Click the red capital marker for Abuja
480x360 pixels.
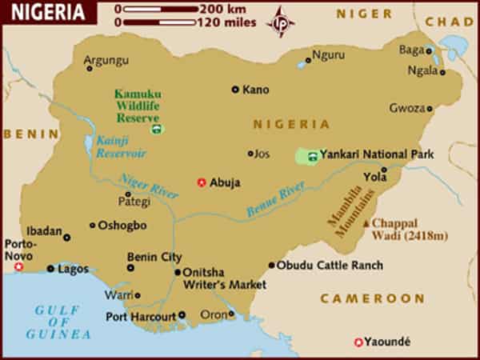tap(201, 182)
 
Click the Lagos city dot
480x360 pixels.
tap(50, 269)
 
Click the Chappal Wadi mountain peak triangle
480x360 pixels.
tap(366, 223)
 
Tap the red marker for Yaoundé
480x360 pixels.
tap(358, 342)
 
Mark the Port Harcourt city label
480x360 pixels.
tap(141, 316)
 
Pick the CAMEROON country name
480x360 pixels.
tap(373, 298)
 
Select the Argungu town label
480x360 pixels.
tap(106, 60)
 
